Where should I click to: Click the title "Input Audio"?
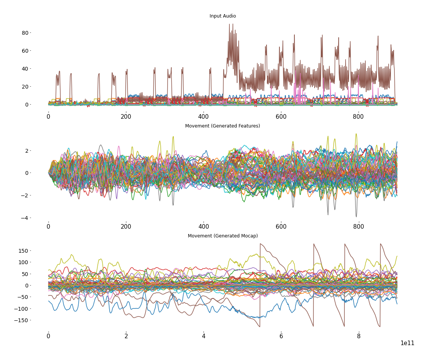tap(223, 16)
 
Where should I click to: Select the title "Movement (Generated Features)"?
tap(223, 126)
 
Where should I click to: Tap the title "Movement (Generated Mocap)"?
tap(223, 236)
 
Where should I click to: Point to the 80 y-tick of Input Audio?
tap(25, 33)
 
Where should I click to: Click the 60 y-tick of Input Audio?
tap(25, 51)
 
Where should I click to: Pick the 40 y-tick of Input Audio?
tap(25, 69)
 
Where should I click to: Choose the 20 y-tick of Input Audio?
tap(25, 87)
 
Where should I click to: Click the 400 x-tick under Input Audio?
tap(204, 116)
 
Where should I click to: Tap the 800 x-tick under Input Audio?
tap(359, 116)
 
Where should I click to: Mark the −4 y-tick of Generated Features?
tap(26, 218)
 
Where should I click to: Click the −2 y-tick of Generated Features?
tap(26, 195)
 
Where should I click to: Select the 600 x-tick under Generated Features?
tap(281, 226)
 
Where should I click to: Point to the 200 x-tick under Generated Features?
tap(126, 226)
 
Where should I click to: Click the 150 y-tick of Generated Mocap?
tap(24, 251)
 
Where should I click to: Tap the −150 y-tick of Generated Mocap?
tap(22, 320)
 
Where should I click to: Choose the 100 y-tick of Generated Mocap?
tap(24, 262)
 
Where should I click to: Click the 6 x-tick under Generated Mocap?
tap(281, 336)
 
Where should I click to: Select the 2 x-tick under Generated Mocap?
tap(126, 336)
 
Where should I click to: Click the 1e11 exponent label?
tap(407, 343)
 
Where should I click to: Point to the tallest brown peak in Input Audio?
tap(229, 25)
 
